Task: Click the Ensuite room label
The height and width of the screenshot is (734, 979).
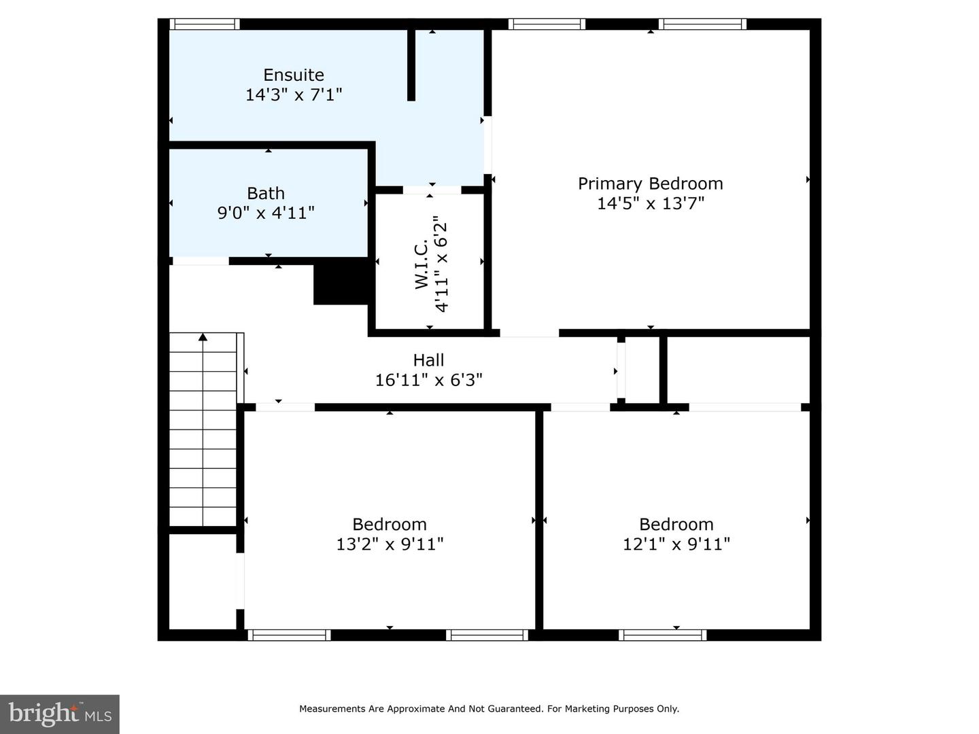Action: point(294,75)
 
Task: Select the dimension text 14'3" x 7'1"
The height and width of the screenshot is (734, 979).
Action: point(294,94)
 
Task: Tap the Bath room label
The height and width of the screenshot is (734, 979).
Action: point(266,194)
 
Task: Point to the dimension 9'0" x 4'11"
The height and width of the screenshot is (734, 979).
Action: point(266,213)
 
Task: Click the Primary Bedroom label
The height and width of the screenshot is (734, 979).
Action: point(651,183)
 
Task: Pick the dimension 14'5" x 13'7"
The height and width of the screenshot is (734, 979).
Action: point(651,204)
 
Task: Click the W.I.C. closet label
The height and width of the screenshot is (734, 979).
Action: point(422,264)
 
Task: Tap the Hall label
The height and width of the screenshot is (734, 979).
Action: point(428,360)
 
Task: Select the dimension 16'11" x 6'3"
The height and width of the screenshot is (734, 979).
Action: point(428,380)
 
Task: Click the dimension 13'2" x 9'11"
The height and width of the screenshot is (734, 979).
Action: point(390,544)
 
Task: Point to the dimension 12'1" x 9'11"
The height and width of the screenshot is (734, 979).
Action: point(676,544)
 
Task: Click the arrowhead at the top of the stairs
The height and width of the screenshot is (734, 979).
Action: point(203,337)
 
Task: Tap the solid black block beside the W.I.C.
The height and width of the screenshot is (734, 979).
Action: point(341,282)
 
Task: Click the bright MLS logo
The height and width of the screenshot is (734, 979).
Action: point(60,714)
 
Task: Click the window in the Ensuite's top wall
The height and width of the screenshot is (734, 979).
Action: point(205,24)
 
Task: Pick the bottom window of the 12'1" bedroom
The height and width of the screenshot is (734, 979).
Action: point(663,635)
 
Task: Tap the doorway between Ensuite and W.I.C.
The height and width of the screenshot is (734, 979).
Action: point(432,190)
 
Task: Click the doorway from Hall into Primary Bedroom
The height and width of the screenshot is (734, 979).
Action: point(530,333)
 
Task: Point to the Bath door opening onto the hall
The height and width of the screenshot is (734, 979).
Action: point(201,261)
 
